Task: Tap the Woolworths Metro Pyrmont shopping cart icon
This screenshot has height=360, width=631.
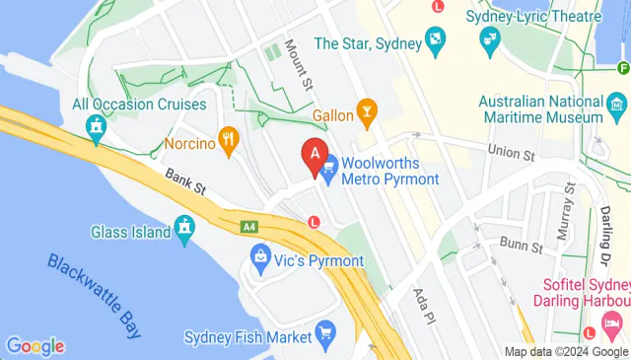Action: [x=328, y=169]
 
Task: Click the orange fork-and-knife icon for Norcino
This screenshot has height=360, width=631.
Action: [x=229, y=142]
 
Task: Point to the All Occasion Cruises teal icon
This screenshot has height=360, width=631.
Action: [x=96, y=126]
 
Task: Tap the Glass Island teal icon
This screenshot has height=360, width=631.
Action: [x=184, y=231]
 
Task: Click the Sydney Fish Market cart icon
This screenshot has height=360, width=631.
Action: [x=325, y=336]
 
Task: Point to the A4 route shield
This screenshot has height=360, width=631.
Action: [x=249, y=227]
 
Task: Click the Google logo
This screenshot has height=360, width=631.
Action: [x=35, y=346]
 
